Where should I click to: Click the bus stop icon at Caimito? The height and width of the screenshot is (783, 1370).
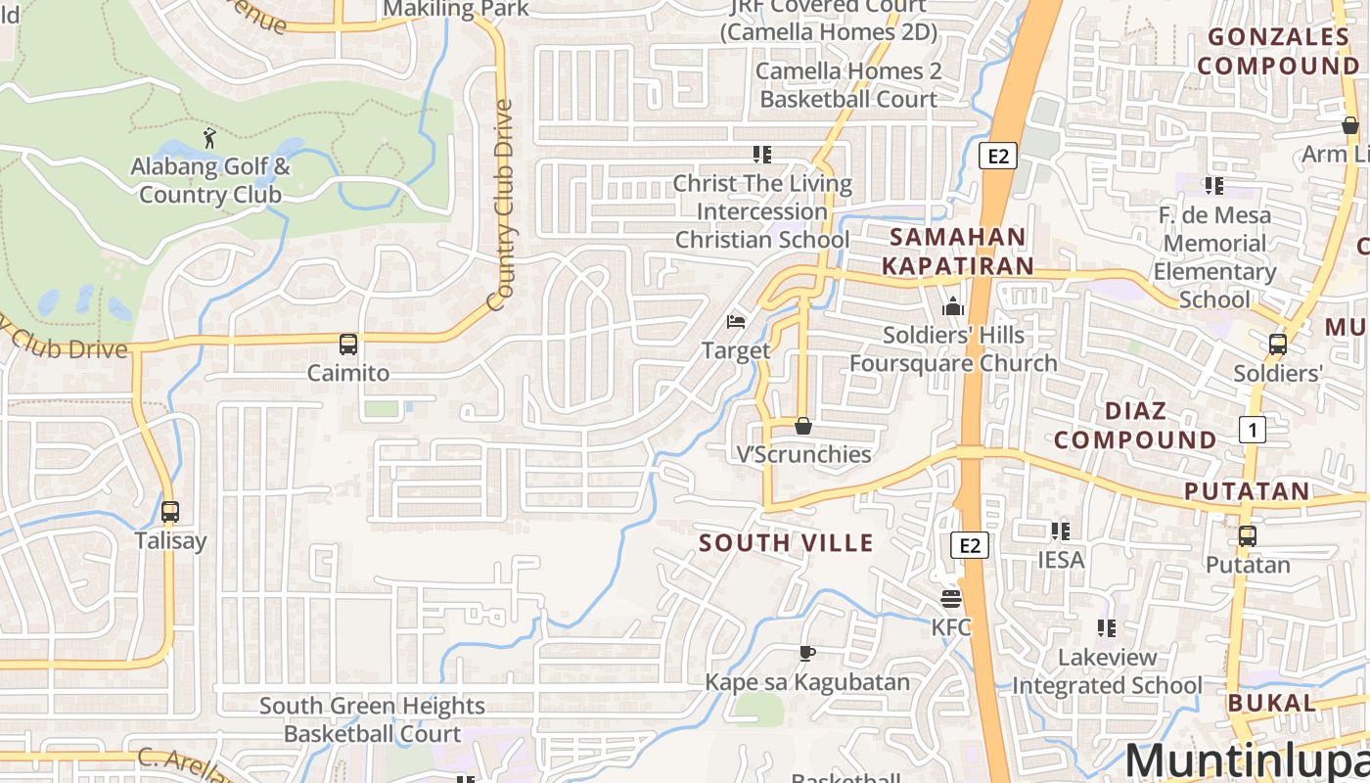click(347, 345)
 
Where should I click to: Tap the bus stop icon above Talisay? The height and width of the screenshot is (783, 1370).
click(170, 512)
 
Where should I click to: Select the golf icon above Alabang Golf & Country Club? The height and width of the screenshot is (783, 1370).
click(209, 138)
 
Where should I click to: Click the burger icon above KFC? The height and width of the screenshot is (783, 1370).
click(950, 597)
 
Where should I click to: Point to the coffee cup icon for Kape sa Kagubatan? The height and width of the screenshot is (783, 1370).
click(807, 653)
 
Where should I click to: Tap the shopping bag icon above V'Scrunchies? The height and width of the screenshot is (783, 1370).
click(802, 426)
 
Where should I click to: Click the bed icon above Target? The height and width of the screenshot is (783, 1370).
click(736, 321)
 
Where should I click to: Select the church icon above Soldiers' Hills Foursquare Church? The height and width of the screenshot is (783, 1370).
click(953, 306)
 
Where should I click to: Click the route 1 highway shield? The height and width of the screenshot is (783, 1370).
click(1252, 429)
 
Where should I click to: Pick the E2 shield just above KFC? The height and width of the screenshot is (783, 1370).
click(970, 545)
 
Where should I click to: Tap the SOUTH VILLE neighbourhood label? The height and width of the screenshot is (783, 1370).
click(786, 543)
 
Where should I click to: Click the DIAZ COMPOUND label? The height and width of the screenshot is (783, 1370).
click(1135, 426)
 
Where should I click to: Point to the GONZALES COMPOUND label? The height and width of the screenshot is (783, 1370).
click(1278, 52)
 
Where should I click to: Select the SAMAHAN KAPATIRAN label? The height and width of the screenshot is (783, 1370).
click(957, 252)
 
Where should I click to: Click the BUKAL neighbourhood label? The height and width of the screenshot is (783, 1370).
click(1271, 703)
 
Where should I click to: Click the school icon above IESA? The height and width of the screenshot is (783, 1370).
click(1060, 531)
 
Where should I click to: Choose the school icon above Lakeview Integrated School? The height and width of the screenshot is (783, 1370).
click(1107, 628)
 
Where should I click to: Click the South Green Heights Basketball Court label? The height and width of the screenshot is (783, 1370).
click(372, 719)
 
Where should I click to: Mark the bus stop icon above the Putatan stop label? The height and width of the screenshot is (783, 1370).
click(1247, 536)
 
